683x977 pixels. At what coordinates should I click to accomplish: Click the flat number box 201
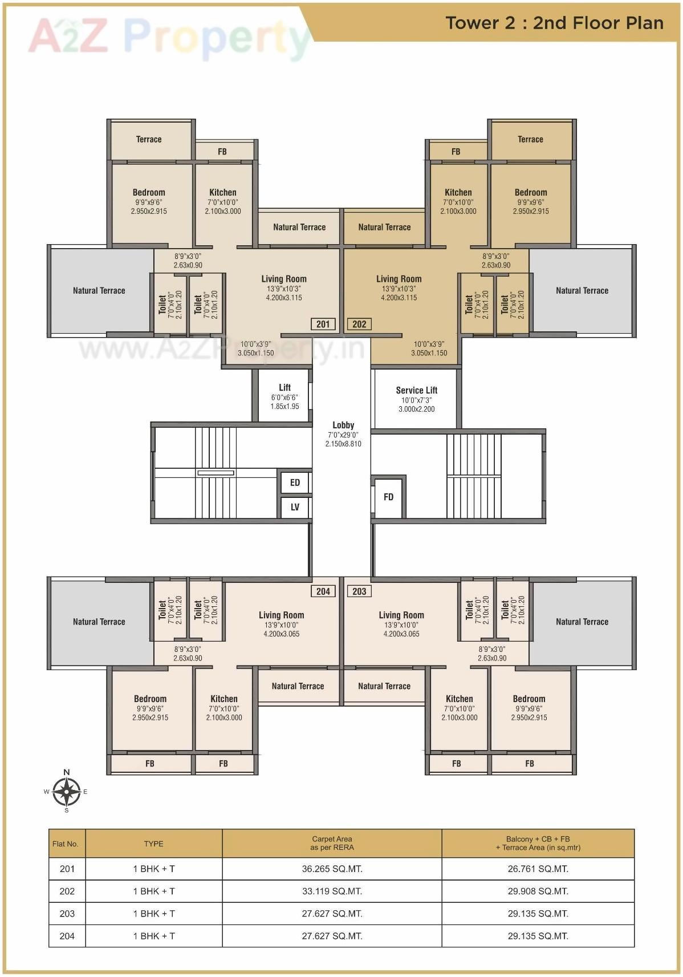click(323, 324)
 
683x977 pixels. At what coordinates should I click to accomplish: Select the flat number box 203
click(359, 591)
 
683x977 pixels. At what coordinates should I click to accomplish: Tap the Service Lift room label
click(416, 391)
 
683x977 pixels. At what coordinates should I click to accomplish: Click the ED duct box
click(295, 483)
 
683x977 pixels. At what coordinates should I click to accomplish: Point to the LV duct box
click(295, 507)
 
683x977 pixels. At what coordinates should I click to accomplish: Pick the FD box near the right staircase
click(388, 497)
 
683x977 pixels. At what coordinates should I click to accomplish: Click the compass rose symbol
click(67, 792)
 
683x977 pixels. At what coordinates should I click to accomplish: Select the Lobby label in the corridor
click(343, 425)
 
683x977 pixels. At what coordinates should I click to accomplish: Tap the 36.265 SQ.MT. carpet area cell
click(332, 869)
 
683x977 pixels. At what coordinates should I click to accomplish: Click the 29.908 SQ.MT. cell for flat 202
click(538, 891)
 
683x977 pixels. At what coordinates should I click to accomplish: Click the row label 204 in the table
click(67, 936)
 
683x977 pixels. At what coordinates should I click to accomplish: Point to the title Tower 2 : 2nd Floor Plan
click(554, 23)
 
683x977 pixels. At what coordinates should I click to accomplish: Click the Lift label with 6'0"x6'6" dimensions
click(284, 388)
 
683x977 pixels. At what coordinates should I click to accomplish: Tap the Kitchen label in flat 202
click(458, 193)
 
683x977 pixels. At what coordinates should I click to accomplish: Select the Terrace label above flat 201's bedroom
click(149, 139)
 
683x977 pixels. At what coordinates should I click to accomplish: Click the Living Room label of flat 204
click(281, 615)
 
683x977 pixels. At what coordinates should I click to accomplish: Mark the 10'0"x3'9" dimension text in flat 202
click(429, 344)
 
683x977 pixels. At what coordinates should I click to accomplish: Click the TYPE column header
click(153, 844)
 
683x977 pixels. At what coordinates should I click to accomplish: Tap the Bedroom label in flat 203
click(528, 699)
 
